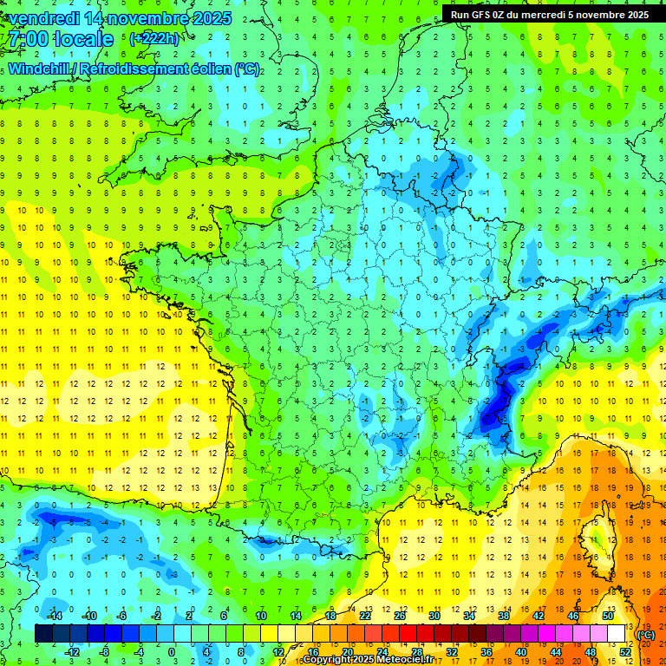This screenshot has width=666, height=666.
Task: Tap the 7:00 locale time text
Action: (x=59, y=40)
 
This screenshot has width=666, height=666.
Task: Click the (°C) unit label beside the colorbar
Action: (x=646, y=635)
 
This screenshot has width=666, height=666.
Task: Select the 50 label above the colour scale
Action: (x=607, y=616)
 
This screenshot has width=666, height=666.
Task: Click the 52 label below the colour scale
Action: (x=624, y=651)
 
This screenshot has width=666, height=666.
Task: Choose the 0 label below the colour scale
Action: (x=172, y=651)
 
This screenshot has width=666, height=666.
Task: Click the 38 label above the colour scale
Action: (x=503, y=616)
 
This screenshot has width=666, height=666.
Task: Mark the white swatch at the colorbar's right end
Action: (x=617, y=634)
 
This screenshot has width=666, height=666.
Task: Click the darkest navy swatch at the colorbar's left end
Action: (x=43, y=634)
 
